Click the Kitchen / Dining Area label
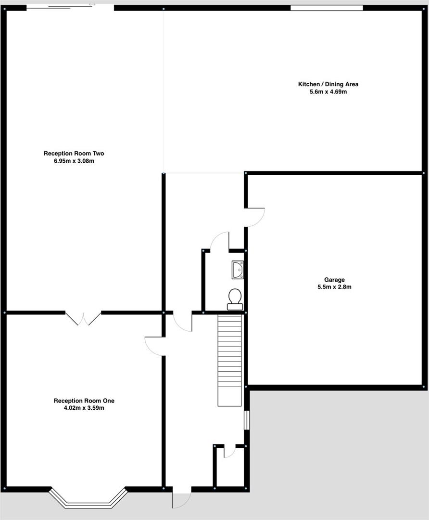click(328, 84)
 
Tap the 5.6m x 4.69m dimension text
click(328, 91)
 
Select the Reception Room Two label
click(74, 154)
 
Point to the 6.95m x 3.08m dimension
click(74, 161)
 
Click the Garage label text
click(334, 280)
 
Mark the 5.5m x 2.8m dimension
click(334, 287)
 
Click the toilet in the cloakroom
click(235, 299)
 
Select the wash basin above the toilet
click(238, 270)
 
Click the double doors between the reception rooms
click(83, 318)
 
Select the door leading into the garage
click(255, 217)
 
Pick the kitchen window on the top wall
click(327, 8)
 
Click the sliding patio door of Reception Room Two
click(70, 7)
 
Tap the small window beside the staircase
click(247, 419)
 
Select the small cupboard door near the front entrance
click(229, 452)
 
